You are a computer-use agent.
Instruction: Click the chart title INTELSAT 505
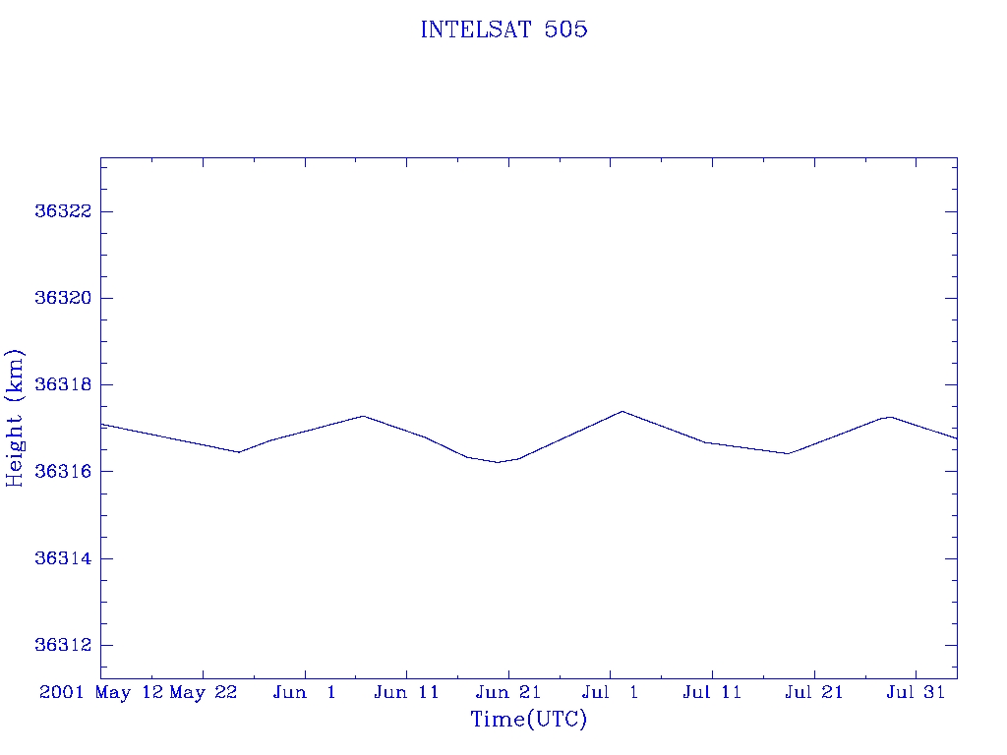pos(503,29)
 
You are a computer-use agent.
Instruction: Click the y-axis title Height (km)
pos(14,418)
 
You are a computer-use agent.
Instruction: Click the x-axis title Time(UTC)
pos(528,719)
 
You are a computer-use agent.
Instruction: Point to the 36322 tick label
pos(63,211)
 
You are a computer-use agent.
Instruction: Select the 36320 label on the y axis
pos(63,298)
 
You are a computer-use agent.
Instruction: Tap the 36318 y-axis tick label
pos(63,384)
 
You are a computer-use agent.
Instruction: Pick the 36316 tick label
pos(63,471)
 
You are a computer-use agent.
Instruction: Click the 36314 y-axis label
pos(63,558)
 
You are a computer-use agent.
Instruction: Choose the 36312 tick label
pos(63,645)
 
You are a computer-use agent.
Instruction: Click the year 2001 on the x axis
pos(62,692)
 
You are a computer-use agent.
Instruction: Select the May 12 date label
pos(129,693)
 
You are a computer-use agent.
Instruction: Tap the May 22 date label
pos(204,693)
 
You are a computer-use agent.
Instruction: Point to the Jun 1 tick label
pos(305,692)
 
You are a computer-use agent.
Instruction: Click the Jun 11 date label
pos(406,692)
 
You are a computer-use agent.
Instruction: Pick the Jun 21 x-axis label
pos(508,692)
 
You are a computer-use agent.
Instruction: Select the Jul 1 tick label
pos(610,692)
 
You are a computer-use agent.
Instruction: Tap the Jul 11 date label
pos(712,692)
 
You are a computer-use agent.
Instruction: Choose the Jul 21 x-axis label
pos(813,692)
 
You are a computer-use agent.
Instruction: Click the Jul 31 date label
pos(916,692)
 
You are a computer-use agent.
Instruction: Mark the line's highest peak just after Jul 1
pos(622,411)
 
